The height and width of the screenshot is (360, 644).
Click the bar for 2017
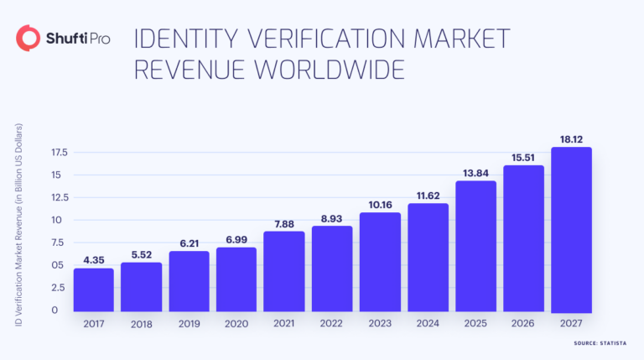(94, 290)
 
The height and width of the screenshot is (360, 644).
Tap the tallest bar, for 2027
(571, 229)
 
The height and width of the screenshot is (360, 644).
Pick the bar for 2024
(428, 257)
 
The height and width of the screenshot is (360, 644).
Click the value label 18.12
(571, 138)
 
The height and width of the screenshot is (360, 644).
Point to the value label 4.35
(94, 258)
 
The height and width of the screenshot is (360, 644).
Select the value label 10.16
(380, 202)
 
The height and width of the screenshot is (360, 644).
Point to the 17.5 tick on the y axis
(59, 153)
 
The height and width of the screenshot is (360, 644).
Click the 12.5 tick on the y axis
(59, 197)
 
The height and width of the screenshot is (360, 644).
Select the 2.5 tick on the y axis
(59, 288)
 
